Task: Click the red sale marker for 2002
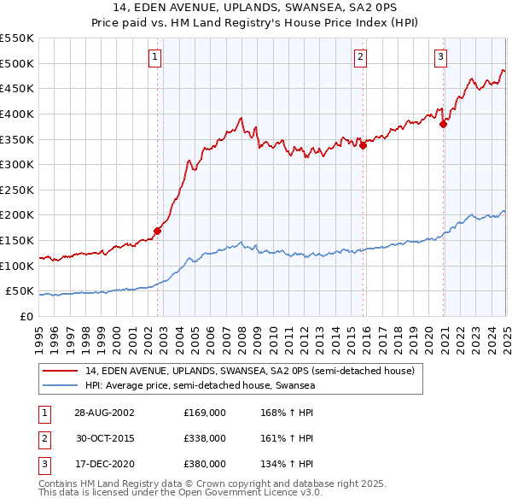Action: (x=158, y=231)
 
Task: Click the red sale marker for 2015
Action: (x=363, y=145)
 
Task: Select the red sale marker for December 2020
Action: (x=443, y=124)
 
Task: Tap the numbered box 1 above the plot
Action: (x=154, y=57)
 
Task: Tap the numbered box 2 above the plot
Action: (x=361, y=57)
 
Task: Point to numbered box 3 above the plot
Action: (x=441, y=57)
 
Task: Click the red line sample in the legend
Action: (x=61, y=371)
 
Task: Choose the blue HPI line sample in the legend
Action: (x=61, y=386)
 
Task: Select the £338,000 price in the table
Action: (x=205, y=438)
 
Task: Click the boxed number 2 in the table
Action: (x=43, y=438)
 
